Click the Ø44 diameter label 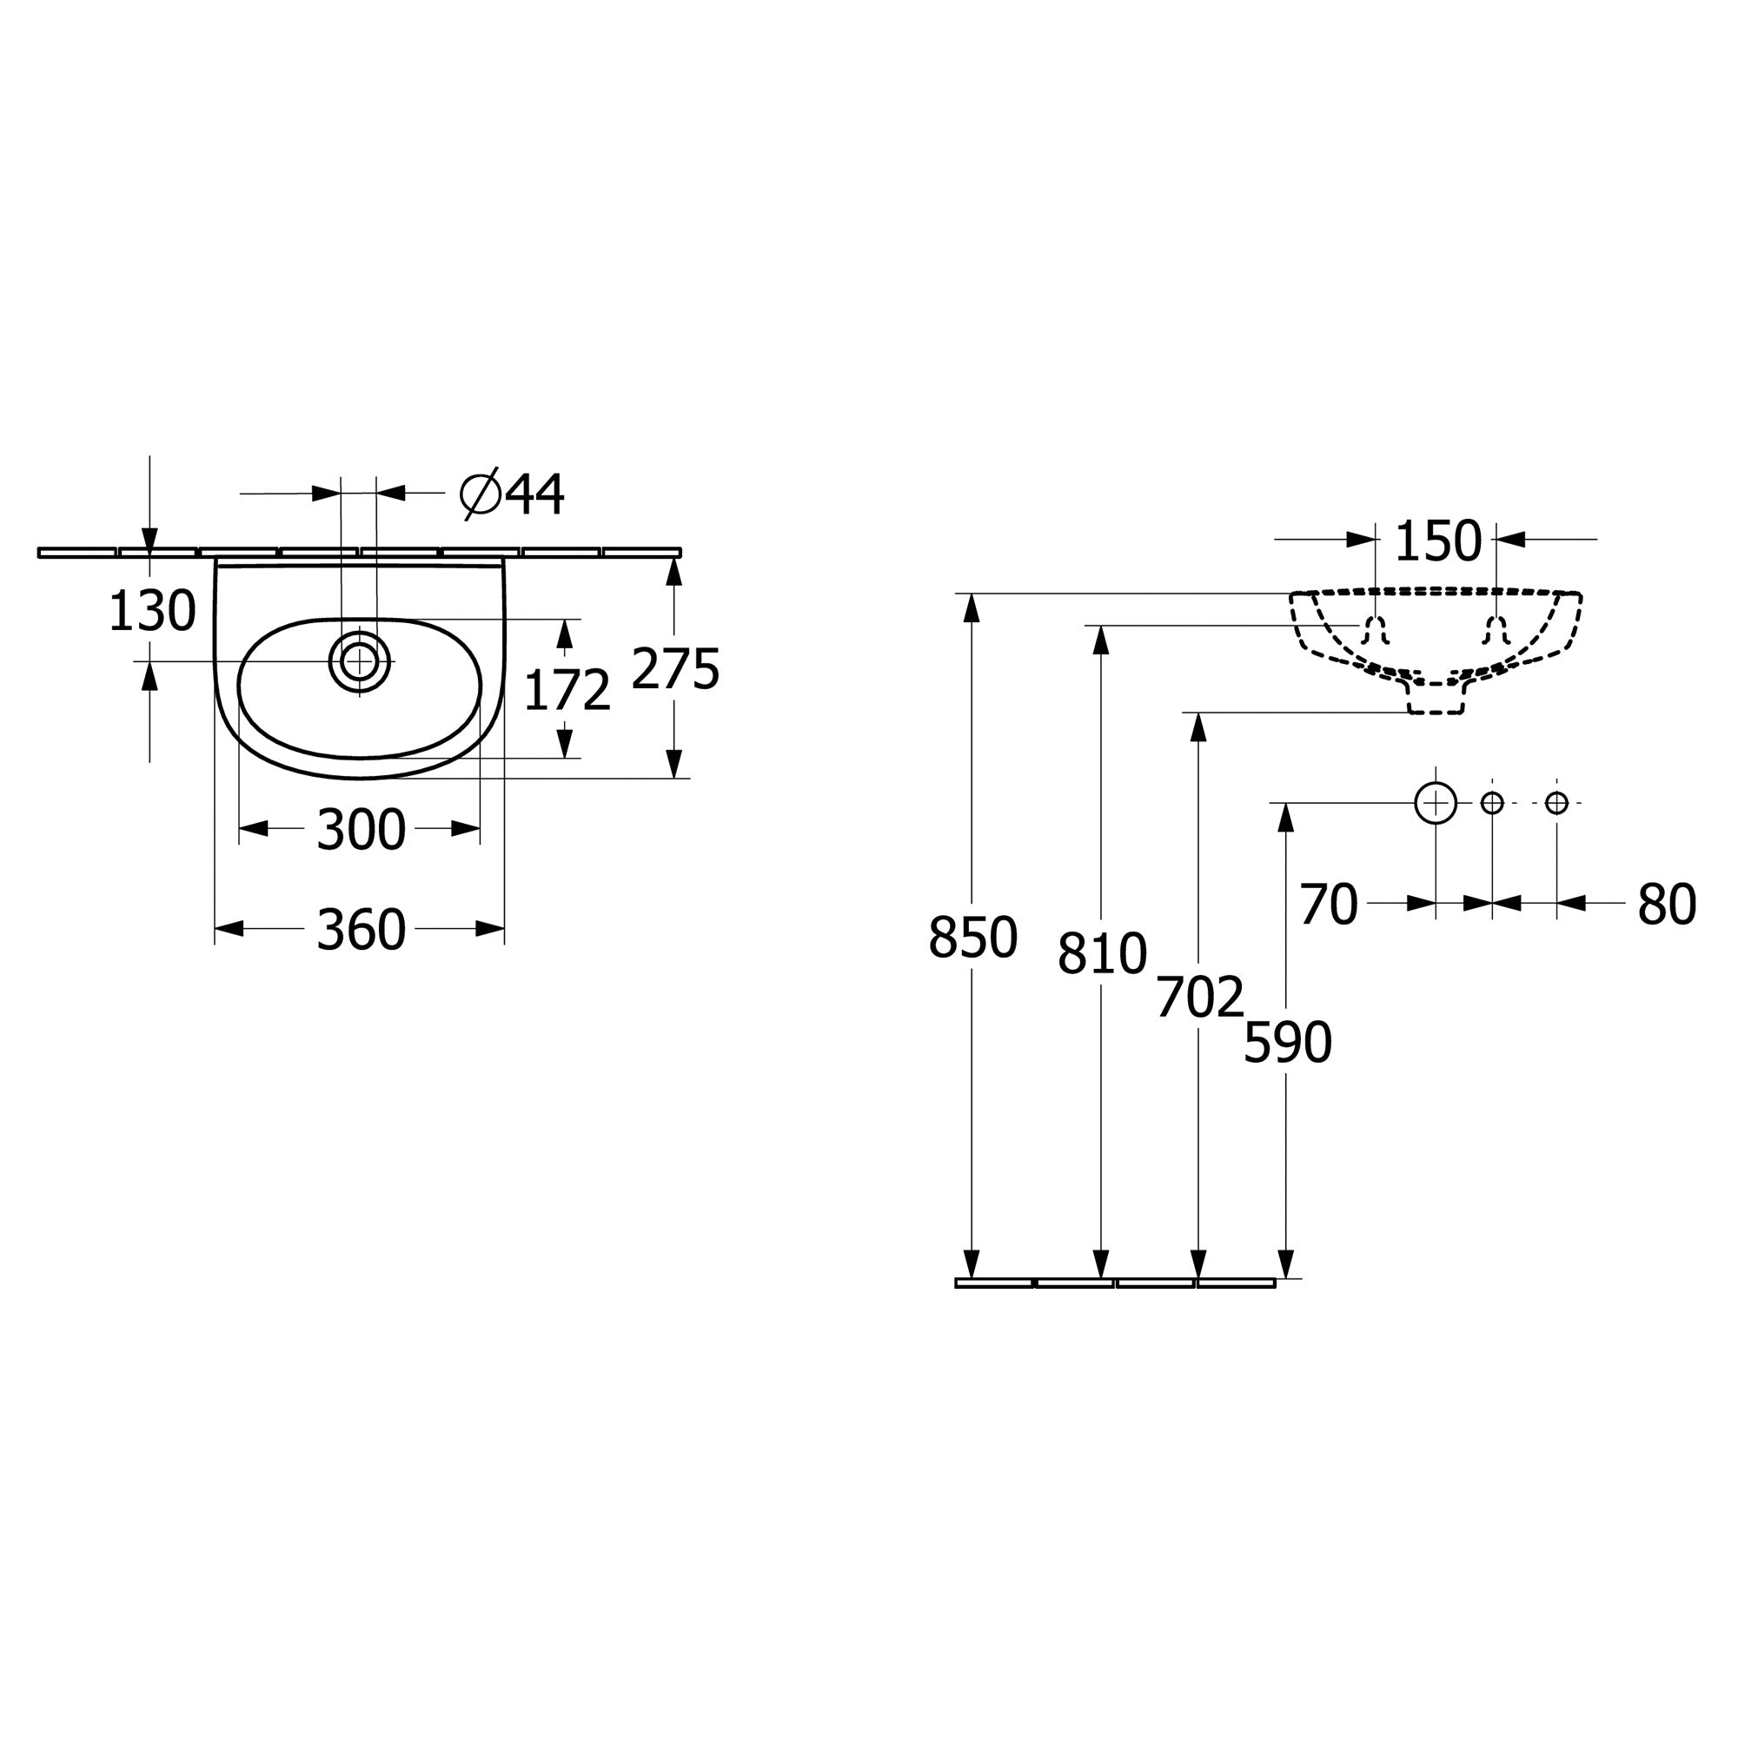click(512, 494)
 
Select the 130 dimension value click(152, 612)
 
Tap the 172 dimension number click(567, 691)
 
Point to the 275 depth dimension click(675, 669)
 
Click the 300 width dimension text click(361, 829)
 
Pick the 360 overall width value click(361, 929)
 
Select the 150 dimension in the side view click(1437, 541)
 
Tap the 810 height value click(1102, 953)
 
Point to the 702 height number click(1200, 997)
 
